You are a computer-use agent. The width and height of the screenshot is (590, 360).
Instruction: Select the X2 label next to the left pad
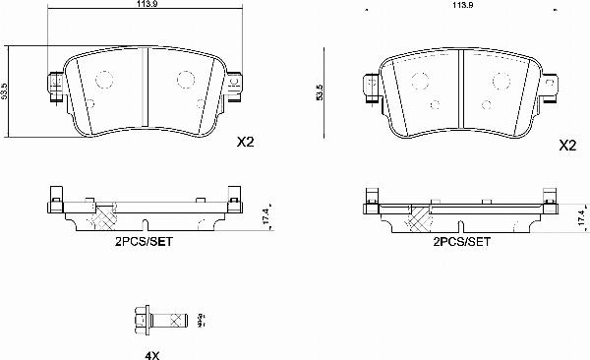[x=247, y=143]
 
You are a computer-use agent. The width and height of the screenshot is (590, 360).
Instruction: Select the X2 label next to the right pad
[x=566, y=145]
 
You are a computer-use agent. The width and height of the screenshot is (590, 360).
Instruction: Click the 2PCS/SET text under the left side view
[x=144, y=240]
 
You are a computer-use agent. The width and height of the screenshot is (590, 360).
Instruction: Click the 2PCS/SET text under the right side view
[x=462, y=240]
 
